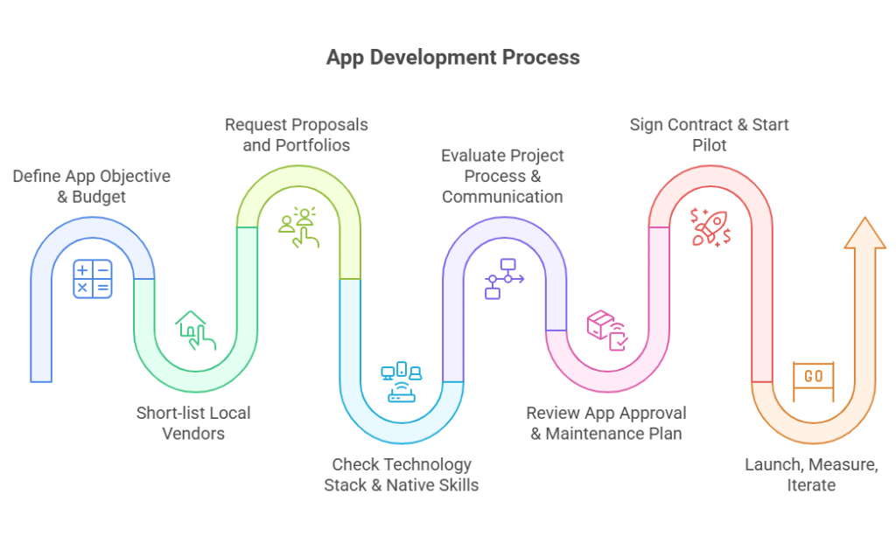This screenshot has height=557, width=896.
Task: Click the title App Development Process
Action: click(452, 58)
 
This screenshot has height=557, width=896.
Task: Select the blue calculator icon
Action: click(92, 278)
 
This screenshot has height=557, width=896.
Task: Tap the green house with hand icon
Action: click(195, 331)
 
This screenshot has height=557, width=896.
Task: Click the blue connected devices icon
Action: click(402, 381)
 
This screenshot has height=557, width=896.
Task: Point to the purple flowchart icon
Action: click(503, 278)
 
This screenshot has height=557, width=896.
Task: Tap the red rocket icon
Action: click(710, 226)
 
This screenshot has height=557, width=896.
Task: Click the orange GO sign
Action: click(813, 377)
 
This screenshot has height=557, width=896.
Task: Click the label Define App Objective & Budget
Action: click(92, 186)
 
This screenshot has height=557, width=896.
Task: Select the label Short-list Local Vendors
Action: click(193, 422)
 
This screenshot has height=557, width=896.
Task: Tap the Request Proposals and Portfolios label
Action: click(297, 135)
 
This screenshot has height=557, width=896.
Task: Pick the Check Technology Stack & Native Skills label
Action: click(402, 474)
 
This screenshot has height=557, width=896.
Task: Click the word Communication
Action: click(502, 197)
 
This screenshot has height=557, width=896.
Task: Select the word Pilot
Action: click(710, 145)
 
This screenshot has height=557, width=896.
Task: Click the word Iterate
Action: click(811, 484)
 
